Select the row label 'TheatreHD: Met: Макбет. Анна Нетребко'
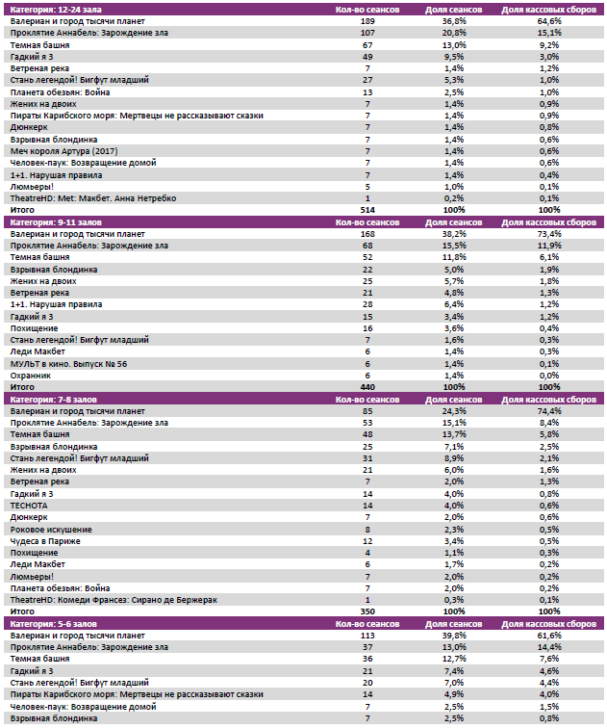pyautogui.click(x=92, y=197)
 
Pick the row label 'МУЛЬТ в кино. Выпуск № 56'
pyautogui.click(x=68, y=364)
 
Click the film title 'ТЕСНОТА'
pyautogui.click(x=28, y=505)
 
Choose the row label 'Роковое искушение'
pyautogui.click(x=51, y=529)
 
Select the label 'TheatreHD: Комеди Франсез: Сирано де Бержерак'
pyautogui.click(x=113, y=599)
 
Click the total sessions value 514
pyautogui.click(x=367, y=209)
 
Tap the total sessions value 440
pyautogui.click(x=367, y=387)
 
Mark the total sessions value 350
pyautogui.click(x=367, y=611)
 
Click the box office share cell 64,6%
pyautogui.click(x=548, y=20)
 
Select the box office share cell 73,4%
pyautogui.click(x=548, y=233)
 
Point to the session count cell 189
pyautogui.click(x=367, y=20)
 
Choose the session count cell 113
pyautogui.click(x=367, y=636)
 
